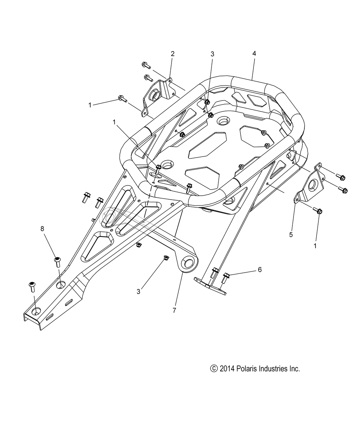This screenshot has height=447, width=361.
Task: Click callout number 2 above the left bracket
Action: click(x=173, y=54)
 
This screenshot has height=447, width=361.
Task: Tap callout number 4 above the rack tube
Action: click(x=254, y=54)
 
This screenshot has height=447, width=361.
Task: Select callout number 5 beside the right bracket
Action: click(x=291, y=235)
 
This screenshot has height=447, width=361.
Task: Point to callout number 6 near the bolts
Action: click(x=260, y=270)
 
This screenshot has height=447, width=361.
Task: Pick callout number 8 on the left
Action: click(x=42, y=229)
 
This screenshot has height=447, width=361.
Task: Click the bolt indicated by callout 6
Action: click(x=226, y=278)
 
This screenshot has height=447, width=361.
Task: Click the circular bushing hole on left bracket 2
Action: click(x=155, y=96)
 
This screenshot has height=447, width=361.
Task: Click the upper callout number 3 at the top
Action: click(x=212, y=54)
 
